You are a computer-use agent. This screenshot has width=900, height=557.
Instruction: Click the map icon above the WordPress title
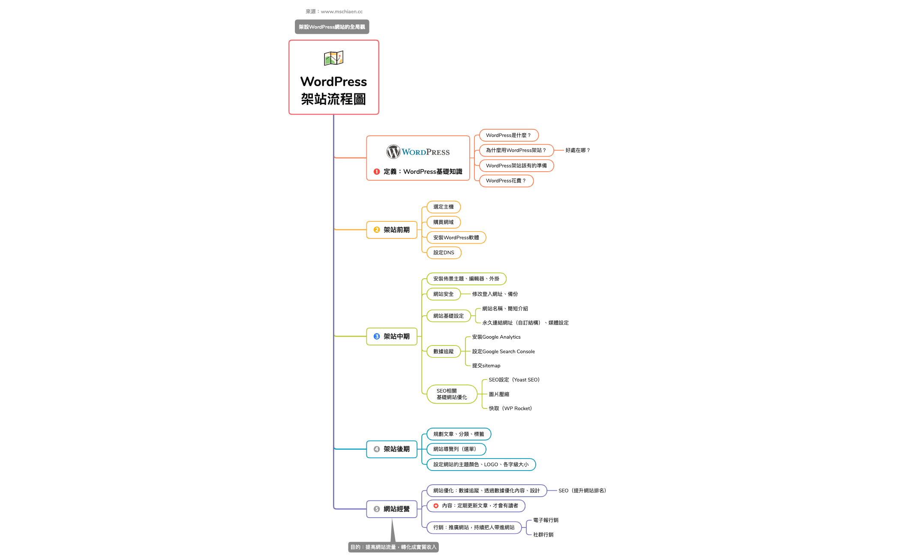tap(333, 58)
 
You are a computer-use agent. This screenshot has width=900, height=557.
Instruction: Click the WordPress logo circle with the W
tap(393, 152)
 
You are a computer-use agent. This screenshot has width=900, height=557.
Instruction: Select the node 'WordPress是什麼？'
tap(508, 135)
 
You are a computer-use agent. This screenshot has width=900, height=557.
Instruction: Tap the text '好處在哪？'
tap(577, 150)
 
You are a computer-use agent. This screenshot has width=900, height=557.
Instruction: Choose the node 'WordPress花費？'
tap(506, 181)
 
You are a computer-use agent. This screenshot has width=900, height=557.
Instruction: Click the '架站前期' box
tap(392, 230)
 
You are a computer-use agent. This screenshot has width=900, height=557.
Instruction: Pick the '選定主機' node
tap(443, 207)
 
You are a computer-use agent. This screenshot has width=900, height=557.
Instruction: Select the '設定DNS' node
tap(444, 253)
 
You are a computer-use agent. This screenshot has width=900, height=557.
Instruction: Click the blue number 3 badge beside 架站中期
tap(377, 337)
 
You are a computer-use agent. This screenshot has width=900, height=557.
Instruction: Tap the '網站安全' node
tap(443, 294)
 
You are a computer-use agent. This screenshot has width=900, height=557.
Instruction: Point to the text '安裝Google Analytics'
tap(496, 337)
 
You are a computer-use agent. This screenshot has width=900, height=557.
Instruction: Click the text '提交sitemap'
tap(486, 366)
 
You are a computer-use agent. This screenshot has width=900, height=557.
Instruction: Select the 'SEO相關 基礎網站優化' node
tap(452, 394)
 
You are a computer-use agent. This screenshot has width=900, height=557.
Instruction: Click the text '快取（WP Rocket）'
tap(510, 408)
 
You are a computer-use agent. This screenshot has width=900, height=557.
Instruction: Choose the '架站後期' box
tap(392, 449)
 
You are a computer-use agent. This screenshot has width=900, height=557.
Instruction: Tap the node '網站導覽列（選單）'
tap(456, 449)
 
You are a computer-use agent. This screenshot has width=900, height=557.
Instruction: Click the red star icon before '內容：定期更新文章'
tap(436, 506)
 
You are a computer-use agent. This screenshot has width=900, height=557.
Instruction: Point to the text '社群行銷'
tap(543, 535)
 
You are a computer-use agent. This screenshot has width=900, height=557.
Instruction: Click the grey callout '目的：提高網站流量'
tap(393, 547)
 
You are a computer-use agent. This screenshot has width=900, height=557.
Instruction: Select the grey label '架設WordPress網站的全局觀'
tap(332, 27)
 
